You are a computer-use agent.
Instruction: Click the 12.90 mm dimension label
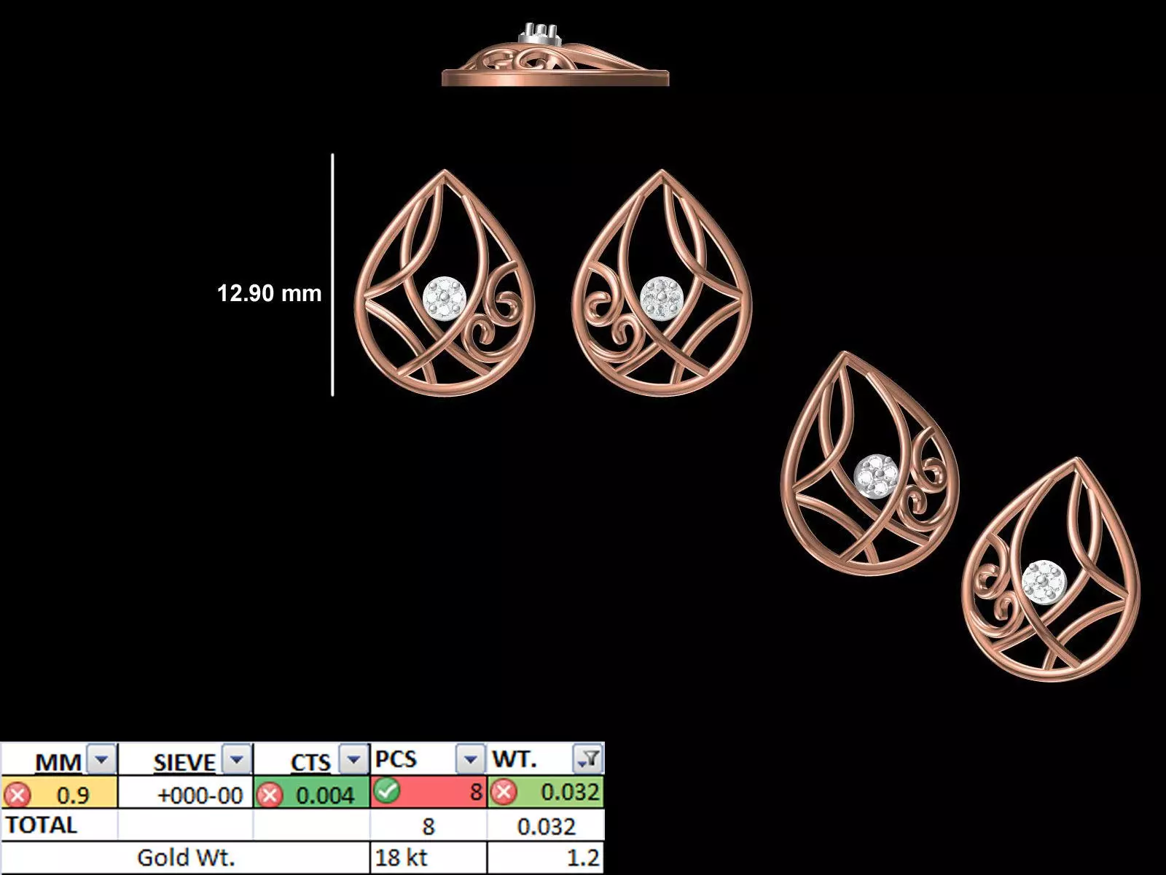(x=269, y=293)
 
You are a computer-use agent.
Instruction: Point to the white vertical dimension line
(x=332, y=275)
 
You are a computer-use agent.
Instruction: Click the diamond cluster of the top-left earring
(x=445, y=298)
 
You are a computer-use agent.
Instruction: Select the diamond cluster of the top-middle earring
(x=661, y=298)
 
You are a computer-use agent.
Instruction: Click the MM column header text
(x=58, y=762)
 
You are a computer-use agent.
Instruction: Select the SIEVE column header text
(x=184, y=762)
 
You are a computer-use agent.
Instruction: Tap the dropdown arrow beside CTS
(x=353, y=760)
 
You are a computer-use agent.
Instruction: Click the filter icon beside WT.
(x=588, y=760)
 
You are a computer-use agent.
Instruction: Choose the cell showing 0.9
(x=73, y=794)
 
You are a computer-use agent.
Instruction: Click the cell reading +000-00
(x=200, y=794)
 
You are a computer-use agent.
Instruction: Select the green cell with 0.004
(x=325, y=794)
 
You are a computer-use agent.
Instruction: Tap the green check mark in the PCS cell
(x=386, y=791)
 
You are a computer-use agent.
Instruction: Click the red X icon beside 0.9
(x=17, y=794)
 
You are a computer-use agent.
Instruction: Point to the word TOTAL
(x=41, y=825)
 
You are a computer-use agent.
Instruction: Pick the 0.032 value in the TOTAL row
(x=546, y=826)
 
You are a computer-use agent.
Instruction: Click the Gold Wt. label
(x=186, y=857)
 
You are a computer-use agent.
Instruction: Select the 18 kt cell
(x=401, y=857)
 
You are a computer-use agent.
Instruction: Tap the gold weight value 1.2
(x=583, y=857)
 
